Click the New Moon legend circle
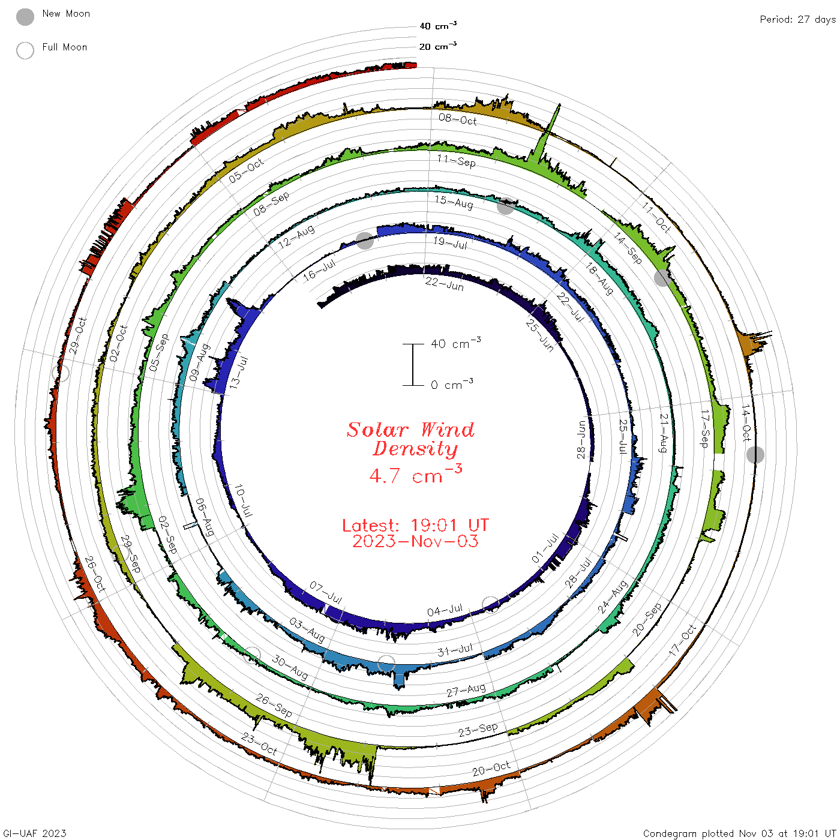25,17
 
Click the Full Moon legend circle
25,50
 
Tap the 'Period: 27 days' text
798,20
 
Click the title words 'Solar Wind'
410,430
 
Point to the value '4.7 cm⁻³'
415,474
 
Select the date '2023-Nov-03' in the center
415,541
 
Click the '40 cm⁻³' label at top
438,26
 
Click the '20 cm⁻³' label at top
438,46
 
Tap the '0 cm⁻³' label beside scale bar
452,385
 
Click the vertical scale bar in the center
413,365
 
